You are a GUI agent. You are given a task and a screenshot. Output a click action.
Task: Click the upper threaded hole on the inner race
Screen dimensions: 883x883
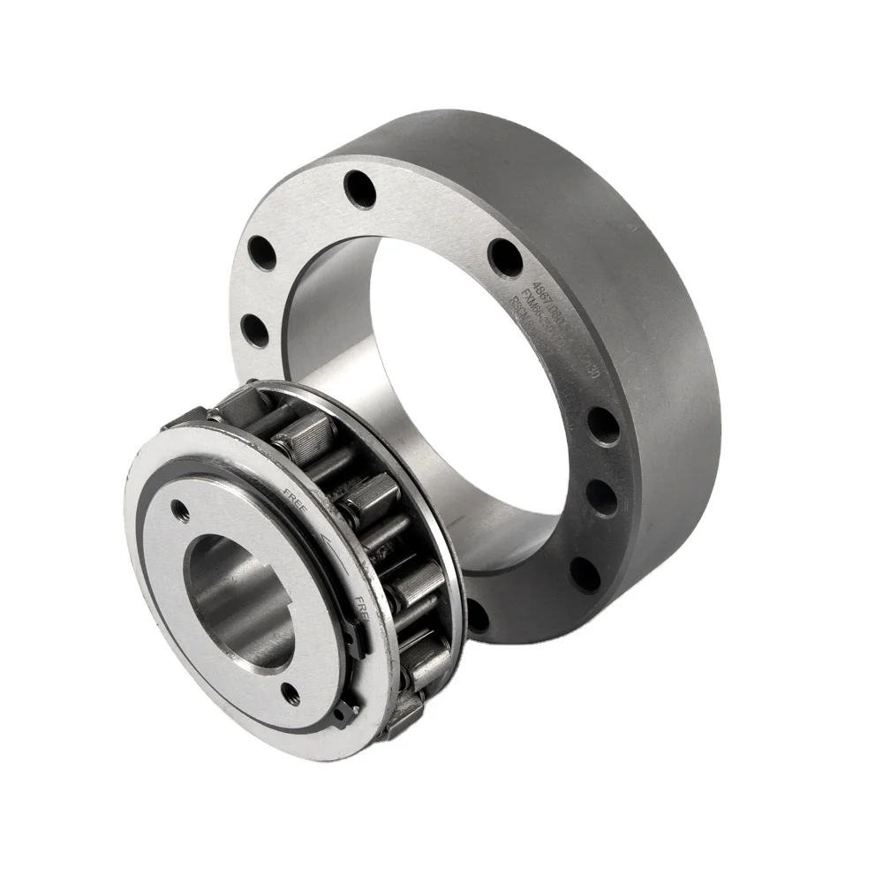[184, 506]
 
